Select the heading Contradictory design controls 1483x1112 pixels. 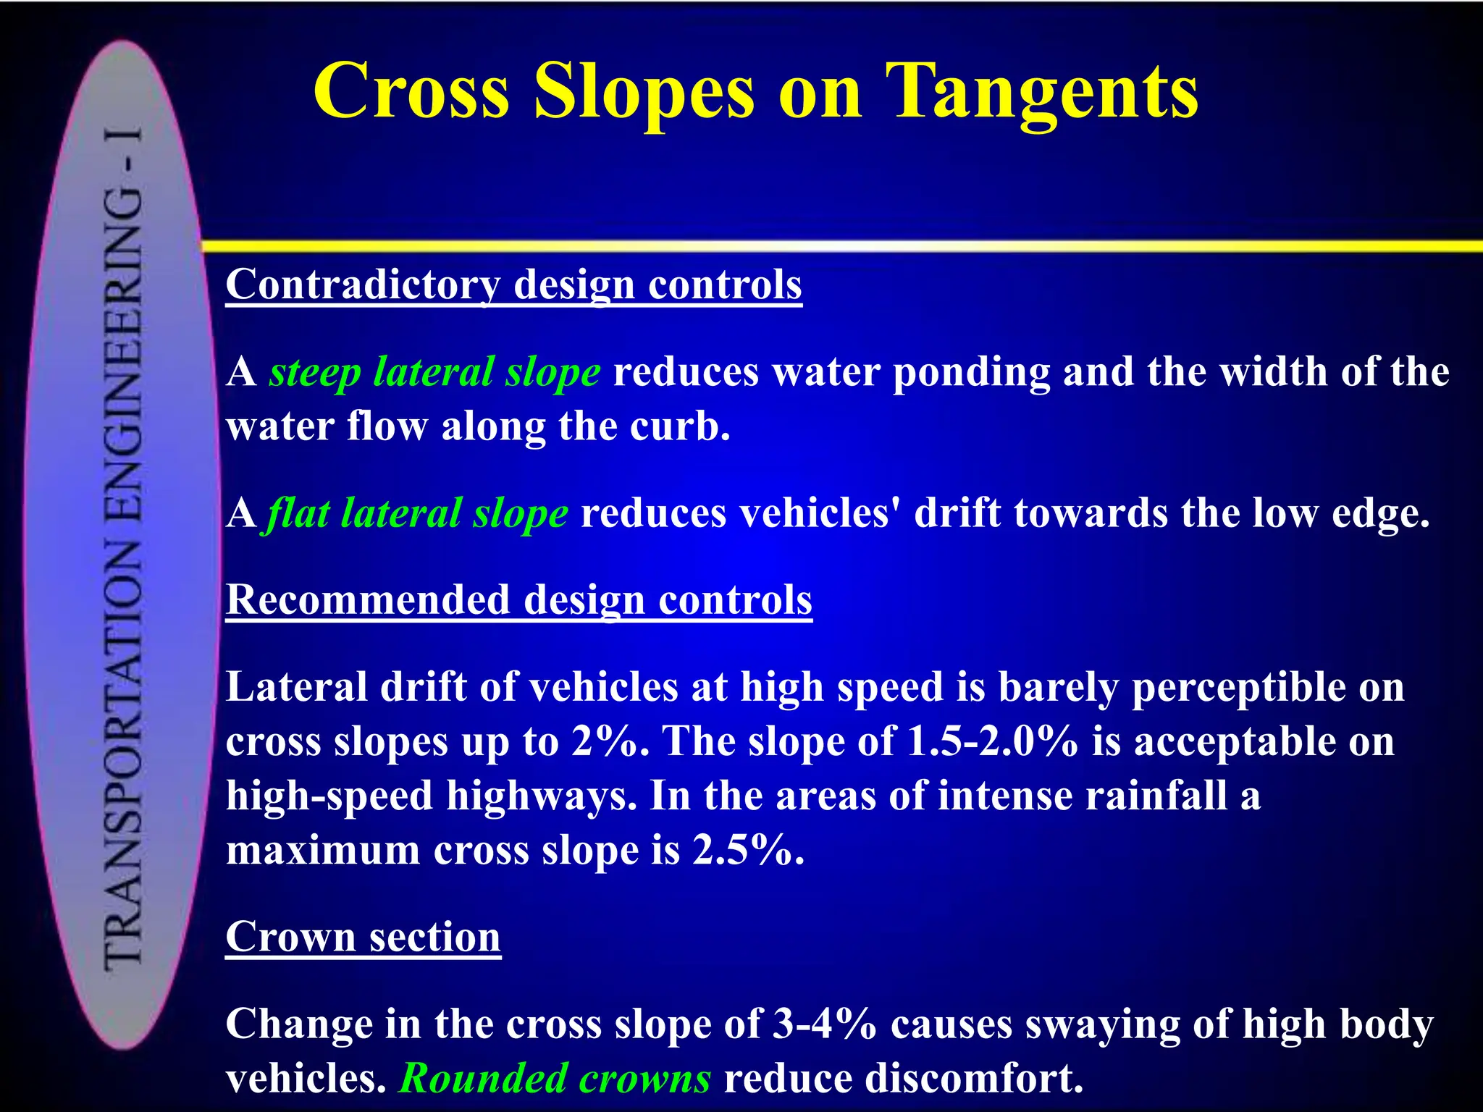513,285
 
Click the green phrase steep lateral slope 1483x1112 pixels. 434,372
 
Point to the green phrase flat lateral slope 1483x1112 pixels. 418,513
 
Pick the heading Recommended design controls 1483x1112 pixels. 518,600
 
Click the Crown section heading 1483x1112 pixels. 363,937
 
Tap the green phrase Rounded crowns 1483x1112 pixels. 555,1078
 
